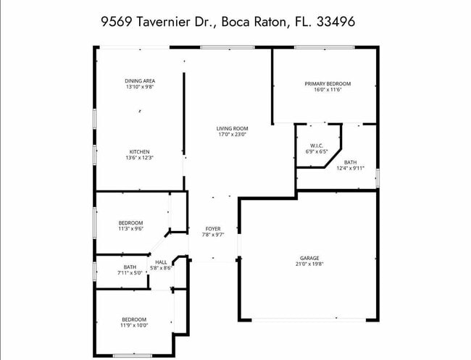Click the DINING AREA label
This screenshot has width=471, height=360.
tap(140, 80)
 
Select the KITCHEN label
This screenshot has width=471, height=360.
tap(140, 151)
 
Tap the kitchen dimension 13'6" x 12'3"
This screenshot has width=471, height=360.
tap(140, 157)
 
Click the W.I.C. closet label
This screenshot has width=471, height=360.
tap(316, 146)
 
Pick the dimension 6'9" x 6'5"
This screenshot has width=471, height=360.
tap(316, 151)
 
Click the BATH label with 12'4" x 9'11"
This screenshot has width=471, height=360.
tap(350, 162)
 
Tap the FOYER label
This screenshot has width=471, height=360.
tap(212, 229)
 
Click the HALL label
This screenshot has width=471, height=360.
tap(161, 262)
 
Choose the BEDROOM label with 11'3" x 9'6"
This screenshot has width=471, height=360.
tap(131, 222)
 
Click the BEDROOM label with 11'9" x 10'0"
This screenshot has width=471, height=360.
tap(133, 319)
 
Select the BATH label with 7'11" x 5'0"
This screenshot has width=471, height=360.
tap(129, 267)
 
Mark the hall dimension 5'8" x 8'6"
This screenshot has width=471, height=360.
tap(161, 268)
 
